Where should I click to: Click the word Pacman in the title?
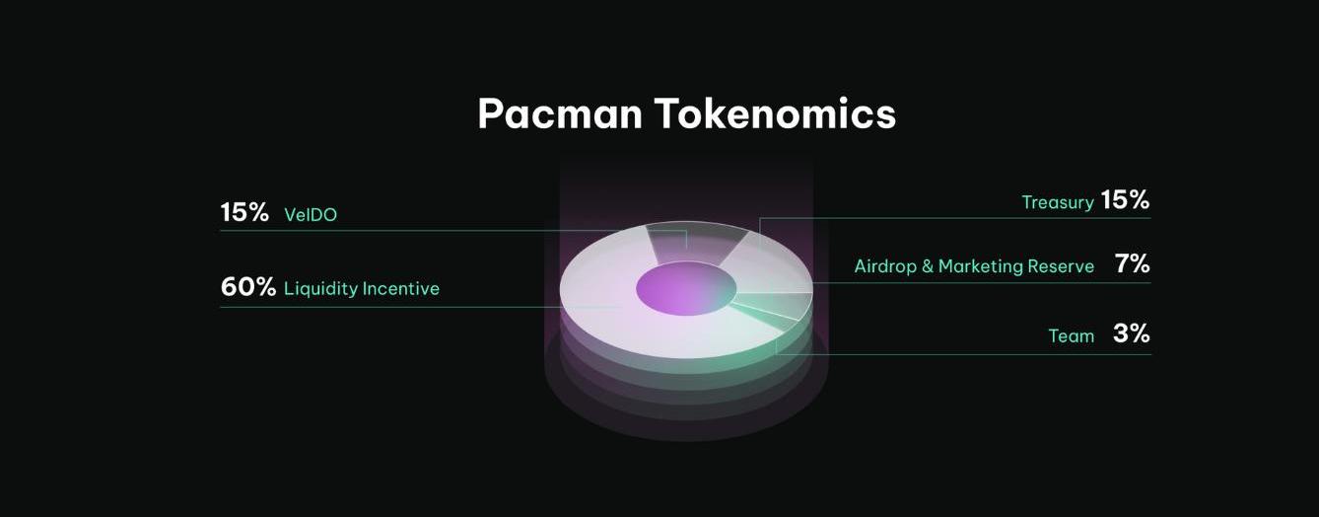click(x=559, y=113)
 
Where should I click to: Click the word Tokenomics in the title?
click(x=776, y=113)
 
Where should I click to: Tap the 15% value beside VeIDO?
click(x=244, y=212)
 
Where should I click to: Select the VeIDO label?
click(x=311, y=214)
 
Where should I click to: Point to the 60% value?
click(x=247, y=287)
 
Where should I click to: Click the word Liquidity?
click(x=320, y=289)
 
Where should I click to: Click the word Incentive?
click(x=401, y=288)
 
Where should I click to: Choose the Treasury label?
click(x=1058, y=203)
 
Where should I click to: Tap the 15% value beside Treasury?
click(x=1125, y=200)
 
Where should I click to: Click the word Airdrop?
click(x=885, y=266)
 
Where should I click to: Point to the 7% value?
click(x=1132, y=263)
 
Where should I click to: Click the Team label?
click(x=1072, y=336)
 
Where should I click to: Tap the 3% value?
click(x=1131, y=333)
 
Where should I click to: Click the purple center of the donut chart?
click(x=686, y=288)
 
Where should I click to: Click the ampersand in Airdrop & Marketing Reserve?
click(x=928, y=266)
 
